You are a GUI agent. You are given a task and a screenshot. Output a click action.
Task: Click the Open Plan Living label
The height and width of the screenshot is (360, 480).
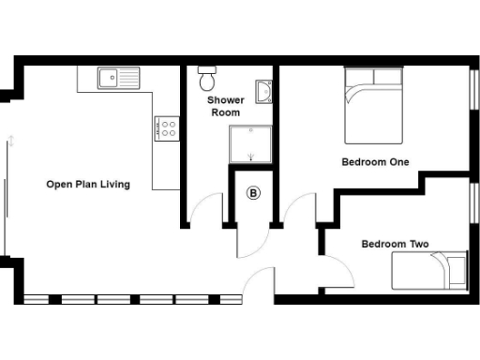coord(88,184)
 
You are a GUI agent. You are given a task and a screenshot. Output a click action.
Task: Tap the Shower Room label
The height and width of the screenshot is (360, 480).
coord(225,106)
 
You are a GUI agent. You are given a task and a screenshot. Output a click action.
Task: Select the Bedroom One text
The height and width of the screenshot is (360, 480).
coord(375,162)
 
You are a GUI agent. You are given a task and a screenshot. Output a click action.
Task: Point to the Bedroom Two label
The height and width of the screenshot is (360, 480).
coord(395,245)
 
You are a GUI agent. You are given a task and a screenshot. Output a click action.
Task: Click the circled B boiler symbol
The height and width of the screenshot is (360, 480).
coord(252,194)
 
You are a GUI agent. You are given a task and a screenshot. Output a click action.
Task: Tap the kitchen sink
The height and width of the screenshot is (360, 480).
coord(117,78)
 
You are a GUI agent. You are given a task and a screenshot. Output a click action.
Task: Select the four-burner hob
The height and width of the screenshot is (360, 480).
coord(167,128)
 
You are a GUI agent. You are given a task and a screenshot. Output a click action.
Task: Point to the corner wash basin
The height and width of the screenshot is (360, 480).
coord(265,91)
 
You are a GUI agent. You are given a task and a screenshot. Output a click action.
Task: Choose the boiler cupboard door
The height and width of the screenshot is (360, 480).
coord(249,242)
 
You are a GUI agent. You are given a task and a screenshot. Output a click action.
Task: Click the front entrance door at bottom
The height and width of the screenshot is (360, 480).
coord(260,283)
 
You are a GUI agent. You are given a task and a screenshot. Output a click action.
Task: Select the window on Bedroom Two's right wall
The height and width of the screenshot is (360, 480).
coord(472,212)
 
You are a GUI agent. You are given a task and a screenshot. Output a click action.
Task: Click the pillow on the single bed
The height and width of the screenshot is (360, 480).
coord(456,270)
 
